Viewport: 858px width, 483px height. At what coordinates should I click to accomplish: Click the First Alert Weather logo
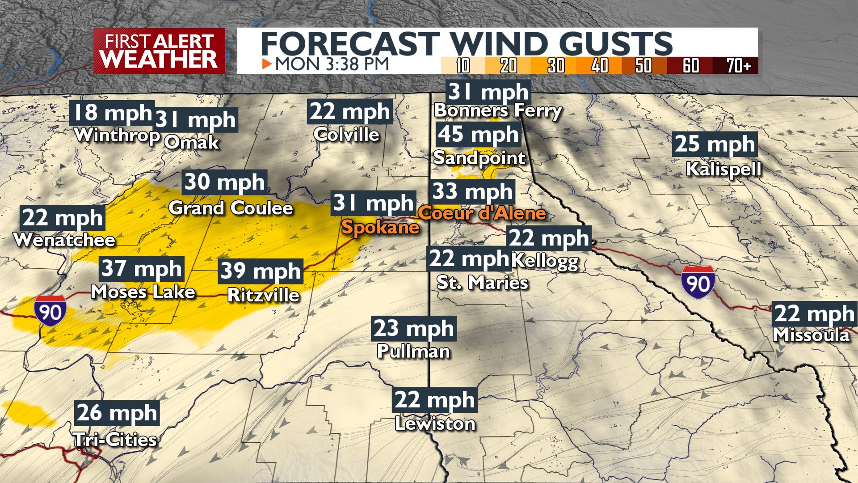159,51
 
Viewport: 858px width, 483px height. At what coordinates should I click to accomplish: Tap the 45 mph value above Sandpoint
478,134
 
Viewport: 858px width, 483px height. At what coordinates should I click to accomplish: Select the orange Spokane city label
380,227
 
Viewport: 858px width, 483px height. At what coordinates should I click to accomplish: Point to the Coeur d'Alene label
482,213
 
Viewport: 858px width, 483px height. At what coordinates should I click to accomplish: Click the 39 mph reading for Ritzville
261,271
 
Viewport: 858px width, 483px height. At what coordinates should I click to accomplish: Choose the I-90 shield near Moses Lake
50,310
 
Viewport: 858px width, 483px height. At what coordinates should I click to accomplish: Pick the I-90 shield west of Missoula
698,282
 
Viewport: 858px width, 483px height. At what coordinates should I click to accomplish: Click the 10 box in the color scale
463,66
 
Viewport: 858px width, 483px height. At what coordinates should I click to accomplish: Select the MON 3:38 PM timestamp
332,64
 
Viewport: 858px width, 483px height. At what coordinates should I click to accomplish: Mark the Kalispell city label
723,169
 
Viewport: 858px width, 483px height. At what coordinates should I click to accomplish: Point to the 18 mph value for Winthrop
112,113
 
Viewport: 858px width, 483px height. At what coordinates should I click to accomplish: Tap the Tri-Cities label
115,440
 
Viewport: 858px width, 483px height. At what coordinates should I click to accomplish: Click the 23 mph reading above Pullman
413,328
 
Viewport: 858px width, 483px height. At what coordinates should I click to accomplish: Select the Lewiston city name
435,424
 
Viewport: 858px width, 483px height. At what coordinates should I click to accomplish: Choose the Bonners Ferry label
497,110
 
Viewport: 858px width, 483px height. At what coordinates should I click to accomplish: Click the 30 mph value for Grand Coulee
225,182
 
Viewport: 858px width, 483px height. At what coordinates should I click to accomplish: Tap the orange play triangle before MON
267,64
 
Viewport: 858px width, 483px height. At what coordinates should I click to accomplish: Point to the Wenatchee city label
65,240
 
